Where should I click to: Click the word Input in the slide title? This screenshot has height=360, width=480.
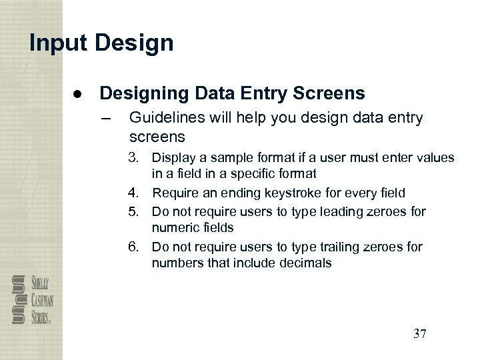click(59, 43)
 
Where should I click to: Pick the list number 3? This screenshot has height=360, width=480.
click(135, 158)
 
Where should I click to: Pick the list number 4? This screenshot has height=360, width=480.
click(135, 193)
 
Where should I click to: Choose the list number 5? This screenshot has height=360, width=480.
click(135, 211)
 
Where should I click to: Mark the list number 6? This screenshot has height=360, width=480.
click(135, 247)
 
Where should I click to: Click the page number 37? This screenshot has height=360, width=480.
click(419, 333)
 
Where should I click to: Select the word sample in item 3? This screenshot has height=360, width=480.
click(225, 158)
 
